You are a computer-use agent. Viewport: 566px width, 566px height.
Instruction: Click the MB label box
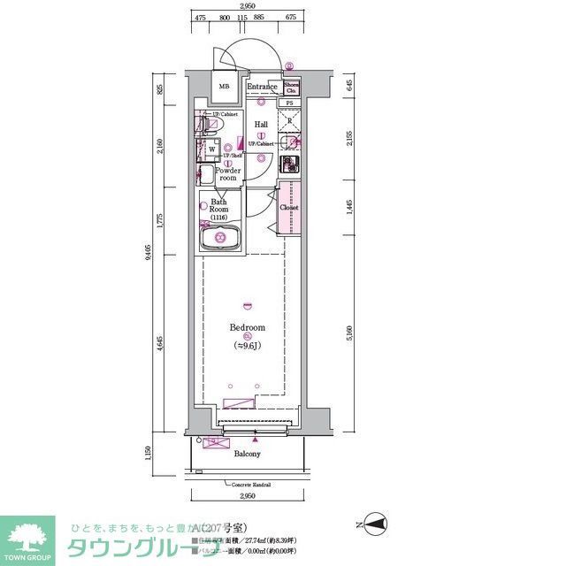(x=224, y=88)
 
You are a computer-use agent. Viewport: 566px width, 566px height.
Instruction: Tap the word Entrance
(x=263, y=87)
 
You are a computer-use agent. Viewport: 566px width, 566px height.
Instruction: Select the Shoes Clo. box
(x=292, y=87)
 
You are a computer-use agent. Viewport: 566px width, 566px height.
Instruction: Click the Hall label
(x=262, y=125)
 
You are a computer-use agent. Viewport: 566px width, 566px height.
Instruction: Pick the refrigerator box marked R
(x=291, y=121)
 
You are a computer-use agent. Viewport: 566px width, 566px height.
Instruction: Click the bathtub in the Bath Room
(x=218, y=240)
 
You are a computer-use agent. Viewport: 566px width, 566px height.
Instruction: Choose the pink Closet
(x=290, y=207)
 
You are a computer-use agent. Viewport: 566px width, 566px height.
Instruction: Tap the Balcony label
(x=247, y=454)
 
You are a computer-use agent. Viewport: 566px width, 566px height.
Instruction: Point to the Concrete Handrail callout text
(x=252, y=486)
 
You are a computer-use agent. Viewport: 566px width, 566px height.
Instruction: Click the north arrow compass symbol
(x=375, y=524)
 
